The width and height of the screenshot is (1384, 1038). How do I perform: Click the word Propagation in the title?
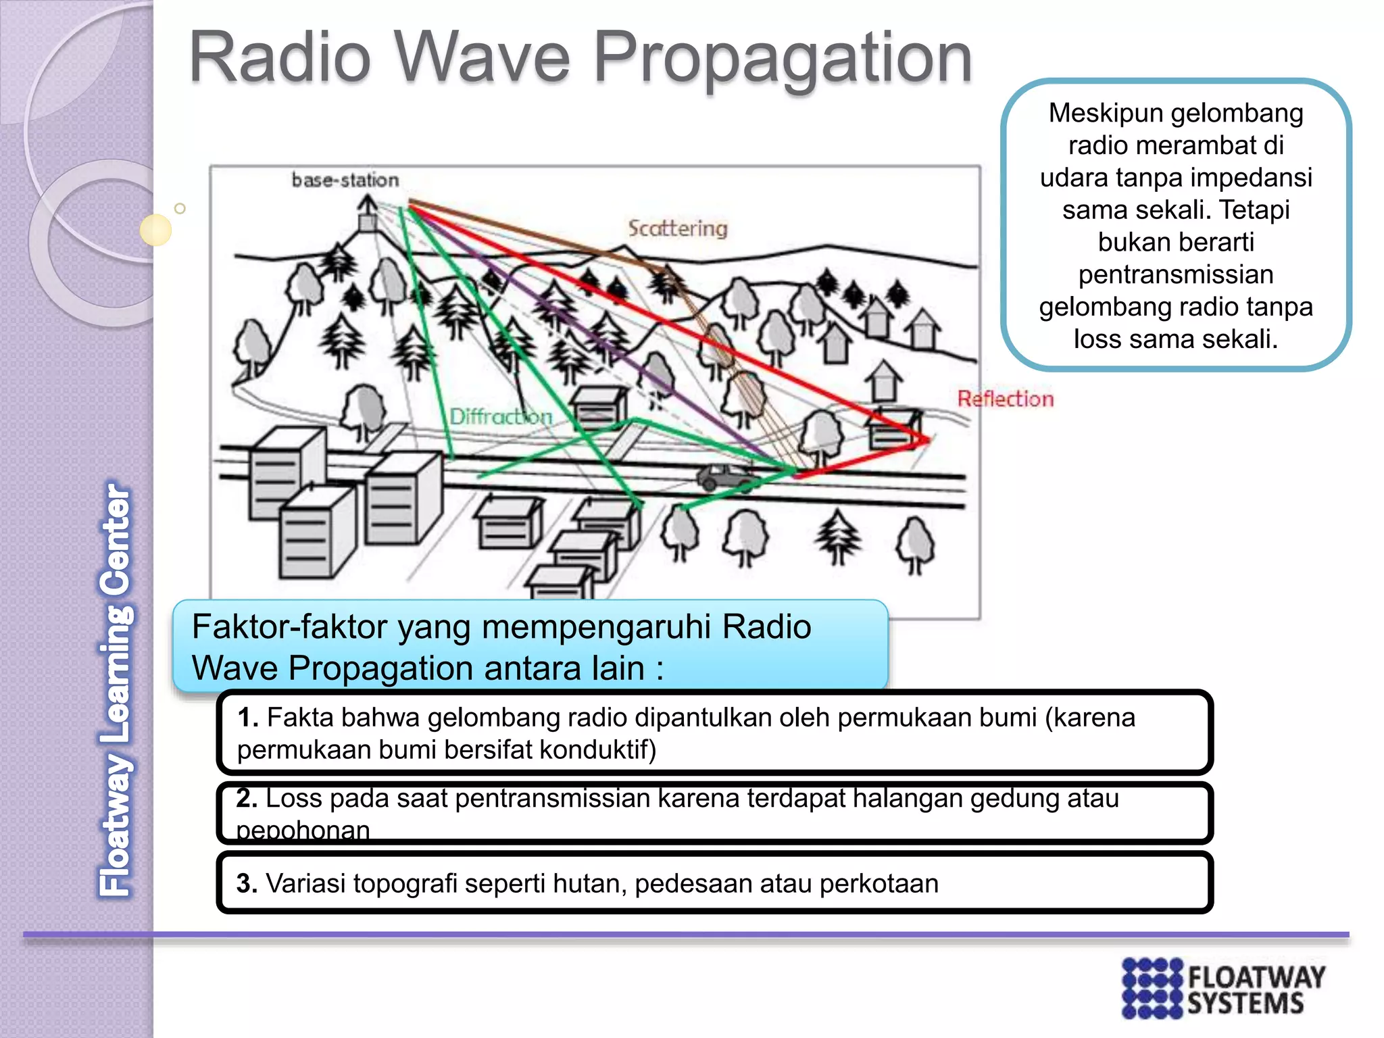(783, 59)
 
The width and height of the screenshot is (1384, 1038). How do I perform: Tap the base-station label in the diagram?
(345, 180)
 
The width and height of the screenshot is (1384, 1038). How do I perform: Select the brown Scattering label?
(678, 228)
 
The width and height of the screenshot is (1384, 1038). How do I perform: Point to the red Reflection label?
(1005, 399)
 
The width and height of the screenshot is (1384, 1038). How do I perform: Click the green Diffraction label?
(501, 417)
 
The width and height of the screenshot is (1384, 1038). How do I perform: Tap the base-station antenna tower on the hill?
(368, 214)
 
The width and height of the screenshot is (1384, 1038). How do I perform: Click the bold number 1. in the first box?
(248, 718)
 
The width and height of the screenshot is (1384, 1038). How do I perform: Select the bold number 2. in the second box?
(247, 799)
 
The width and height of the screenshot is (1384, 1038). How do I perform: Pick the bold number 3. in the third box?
(247, 884)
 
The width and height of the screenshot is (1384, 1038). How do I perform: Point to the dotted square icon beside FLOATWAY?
(1152, 988)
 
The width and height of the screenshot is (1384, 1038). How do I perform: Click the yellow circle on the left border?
(155, 230)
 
